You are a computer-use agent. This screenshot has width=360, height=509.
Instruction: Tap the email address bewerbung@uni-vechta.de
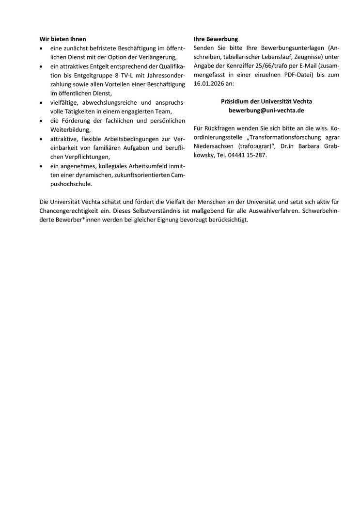[x=266, y=111]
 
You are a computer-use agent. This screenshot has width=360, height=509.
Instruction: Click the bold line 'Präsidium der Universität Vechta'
[x=266, y=101]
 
